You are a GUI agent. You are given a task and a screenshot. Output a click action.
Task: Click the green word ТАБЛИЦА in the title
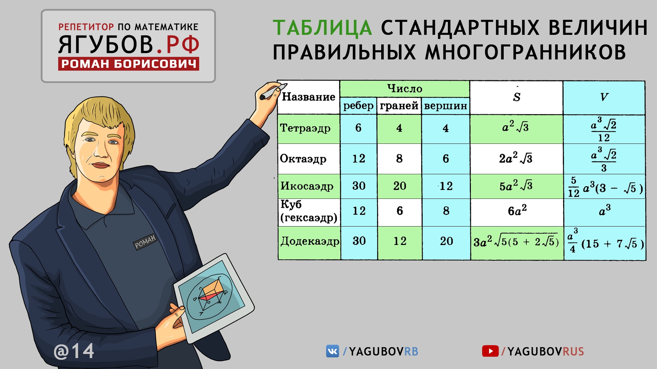tap(322, 28)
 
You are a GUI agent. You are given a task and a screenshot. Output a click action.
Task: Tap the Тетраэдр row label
tap(305, 128)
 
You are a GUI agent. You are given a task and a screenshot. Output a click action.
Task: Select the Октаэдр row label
tap(303, 159)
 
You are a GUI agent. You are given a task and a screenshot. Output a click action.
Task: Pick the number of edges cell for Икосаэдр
tap(359, 186)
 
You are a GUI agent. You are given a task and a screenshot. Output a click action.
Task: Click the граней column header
tap(399, 106)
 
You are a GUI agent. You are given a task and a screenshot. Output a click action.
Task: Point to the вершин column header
tap(446, 106)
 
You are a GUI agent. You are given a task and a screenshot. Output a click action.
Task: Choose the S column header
tap(517, 97)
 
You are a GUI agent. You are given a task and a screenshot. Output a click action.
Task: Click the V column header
tap(604, 97)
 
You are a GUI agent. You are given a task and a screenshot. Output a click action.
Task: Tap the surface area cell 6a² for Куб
tap(517, 211)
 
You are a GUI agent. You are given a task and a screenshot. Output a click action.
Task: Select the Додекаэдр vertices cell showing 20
tap(447, 241)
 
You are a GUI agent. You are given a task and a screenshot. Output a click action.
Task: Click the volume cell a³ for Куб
tap(605, 210)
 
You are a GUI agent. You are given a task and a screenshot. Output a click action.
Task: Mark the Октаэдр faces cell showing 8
tap(399, 159)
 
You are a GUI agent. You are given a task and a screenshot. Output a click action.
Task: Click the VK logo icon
tap(332, 351)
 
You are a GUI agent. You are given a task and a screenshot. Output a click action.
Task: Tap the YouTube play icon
tap(490, 351)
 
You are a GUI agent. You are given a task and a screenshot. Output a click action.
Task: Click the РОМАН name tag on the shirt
tap(145, 242)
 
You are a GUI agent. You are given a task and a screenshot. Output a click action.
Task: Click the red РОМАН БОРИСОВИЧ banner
tap(128, 64)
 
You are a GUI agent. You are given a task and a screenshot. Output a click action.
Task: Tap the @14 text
tap(74, 351)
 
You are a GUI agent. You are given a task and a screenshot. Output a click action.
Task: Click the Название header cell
tap(308, 97)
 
